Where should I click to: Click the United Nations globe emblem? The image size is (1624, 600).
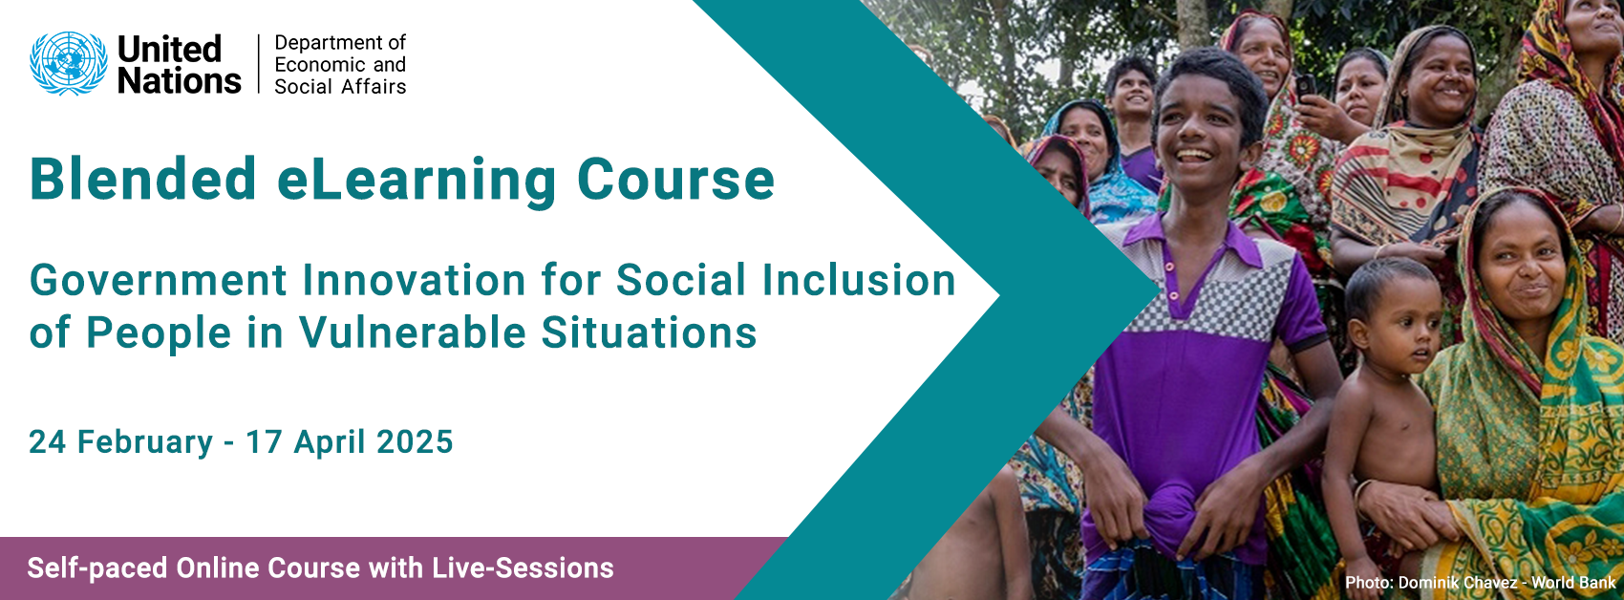click(x=68, y=63)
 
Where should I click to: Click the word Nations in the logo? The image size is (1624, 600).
click(x=179, y=80)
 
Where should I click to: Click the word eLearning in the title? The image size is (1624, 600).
click(x=417, y=180)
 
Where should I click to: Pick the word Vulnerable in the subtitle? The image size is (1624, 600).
click(x=412, y=333)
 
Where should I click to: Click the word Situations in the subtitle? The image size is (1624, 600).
click(x=649, y=333)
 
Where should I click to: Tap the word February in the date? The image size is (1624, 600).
click(x=145, y=441)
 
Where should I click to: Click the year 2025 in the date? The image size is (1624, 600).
click(x=415, y=441)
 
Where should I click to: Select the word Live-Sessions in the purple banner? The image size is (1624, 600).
click(x=523, y=568)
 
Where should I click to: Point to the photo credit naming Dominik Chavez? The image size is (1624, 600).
click(x=1481, y=583)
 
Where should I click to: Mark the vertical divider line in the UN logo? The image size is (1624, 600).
click(x=259, y=64)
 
